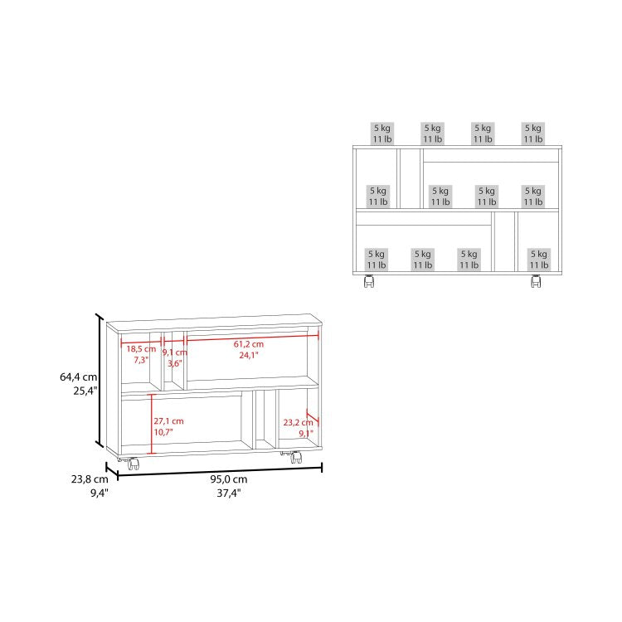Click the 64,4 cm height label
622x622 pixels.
[79, 377]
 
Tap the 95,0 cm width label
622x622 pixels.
[229, 479]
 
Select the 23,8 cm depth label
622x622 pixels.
[90, 479]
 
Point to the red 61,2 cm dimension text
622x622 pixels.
[248, 344]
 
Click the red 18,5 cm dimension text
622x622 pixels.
[141, 349]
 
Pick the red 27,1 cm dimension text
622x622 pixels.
[168, 420]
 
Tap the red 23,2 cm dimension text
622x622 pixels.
[299, 422]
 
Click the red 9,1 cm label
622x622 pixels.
[174, 352]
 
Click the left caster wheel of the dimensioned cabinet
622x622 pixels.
[133, 464]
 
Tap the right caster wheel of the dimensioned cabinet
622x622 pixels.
[296, 457]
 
